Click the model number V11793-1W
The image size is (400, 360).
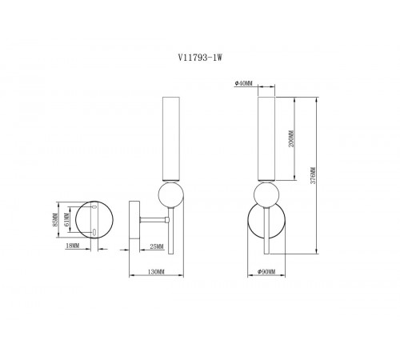point(200,57)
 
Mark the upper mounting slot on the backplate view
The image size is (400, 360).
point(95,207)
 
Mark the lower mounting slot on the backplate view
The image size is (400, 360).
point(95,232)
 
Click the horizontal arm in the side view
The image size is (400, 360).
point(152,219)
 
